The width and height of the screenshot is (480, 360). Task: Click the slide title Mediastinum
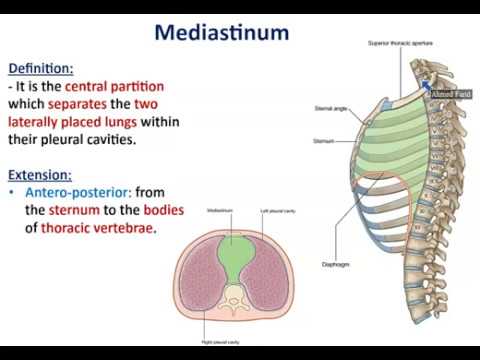click(221, 32)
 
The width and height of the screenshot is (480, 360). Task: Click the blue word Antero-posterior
click(80, 191)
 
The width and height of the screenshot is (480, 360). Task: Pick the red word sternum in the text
click(81, 210)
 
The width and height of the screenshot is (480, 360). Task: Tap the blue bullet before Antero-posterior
click(13, 191)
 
